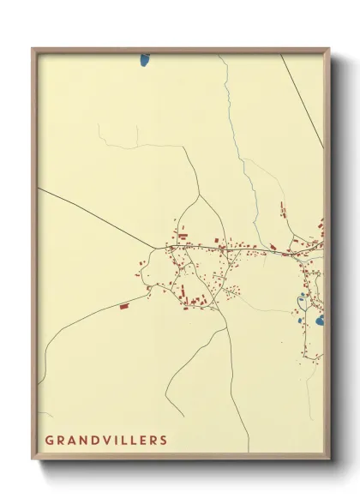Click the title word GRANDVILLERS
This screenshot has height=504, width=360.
106,441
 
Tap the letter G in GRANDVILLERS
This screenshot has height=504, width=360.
49,441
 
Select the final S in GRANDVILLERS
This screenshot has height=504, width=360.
164,441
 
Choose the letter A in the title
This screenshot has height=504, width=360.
69,441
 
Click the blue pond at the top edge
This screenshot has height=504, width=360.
144,61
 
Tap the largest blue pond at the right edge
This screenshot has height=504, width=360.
319,321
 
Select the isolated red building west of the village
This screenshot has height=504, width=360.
123,304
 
